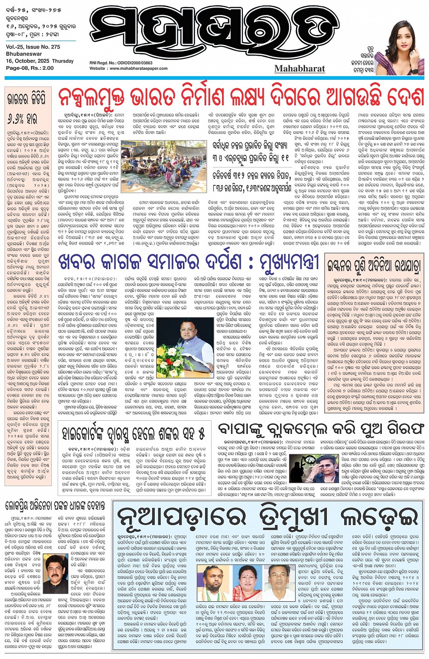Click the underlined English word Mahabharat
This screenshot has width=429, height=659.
pos(300,69)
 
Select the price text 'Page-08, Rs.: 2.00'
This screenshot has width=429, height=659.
pos(30,68)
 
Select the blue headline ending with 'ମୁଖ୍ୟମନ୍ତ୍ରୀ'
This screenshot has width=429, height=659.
pos(191,262)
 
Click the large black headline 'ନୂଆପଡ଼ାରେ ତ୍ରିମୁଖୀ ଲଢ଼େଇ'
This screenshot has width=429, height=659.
pos(268,517)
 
